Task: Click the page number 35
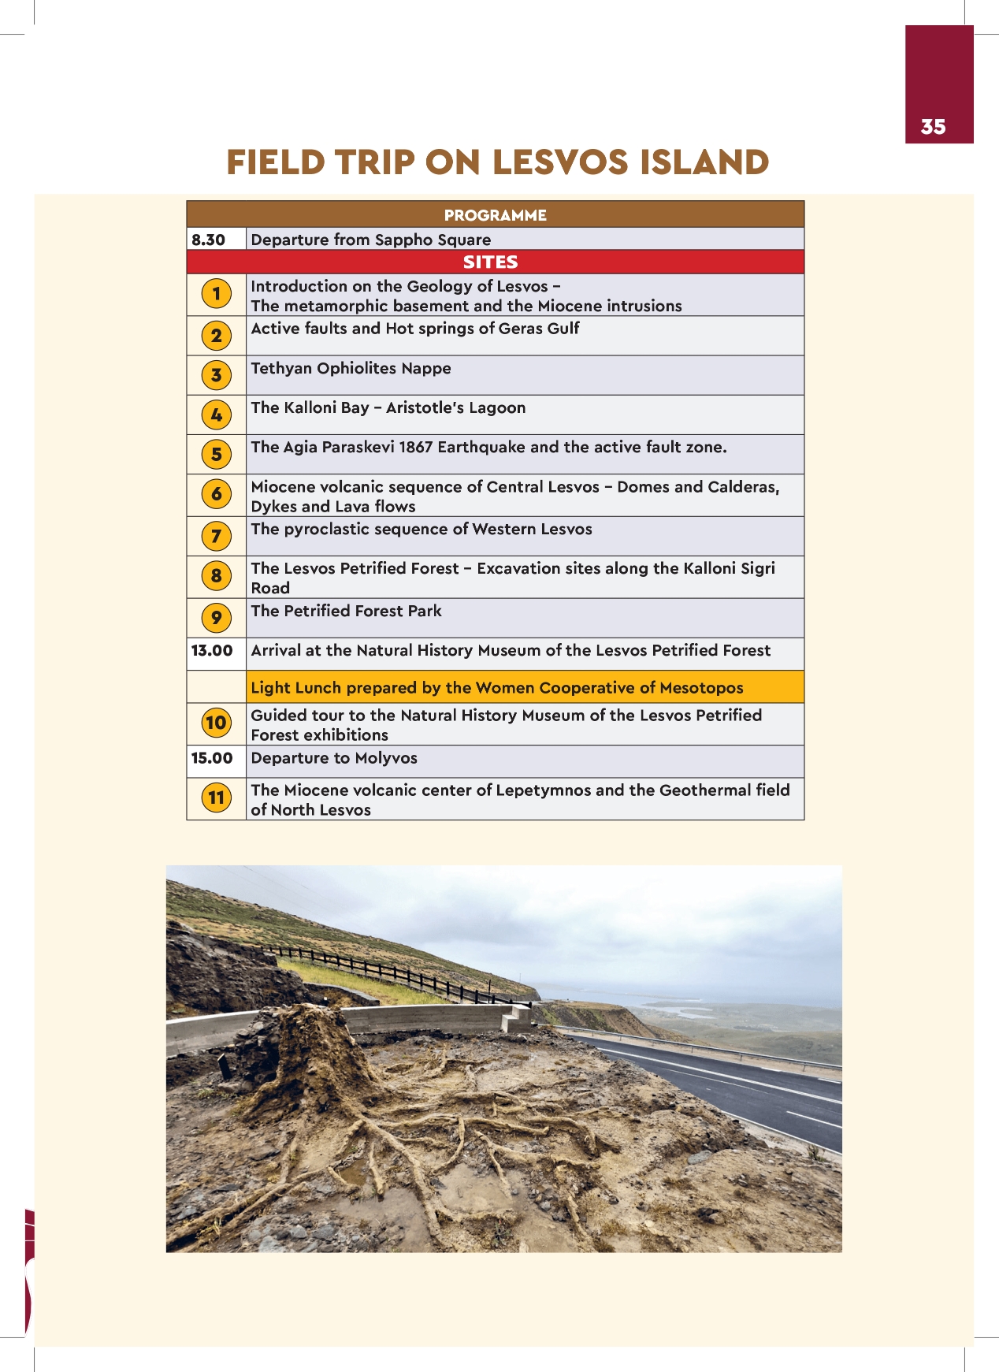933,127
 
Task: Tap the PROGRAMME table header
495,215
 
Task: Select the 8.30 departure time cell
209,240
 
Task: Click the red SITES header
490,262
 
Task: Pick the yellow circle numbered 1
217,294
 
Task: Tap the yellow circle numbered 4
217,415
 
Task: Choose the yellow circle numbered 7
217,536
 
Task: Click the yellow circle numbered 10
216,723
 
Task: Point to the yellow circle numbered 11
216,798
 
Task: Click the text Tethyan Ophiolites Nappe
351,368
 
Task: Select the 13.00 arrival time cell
212,650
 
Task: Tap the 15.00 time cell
212,758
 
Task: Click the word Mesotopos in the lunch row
701,688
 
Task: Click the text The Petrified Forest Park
346,611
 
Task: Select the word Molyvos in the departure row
386,758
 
